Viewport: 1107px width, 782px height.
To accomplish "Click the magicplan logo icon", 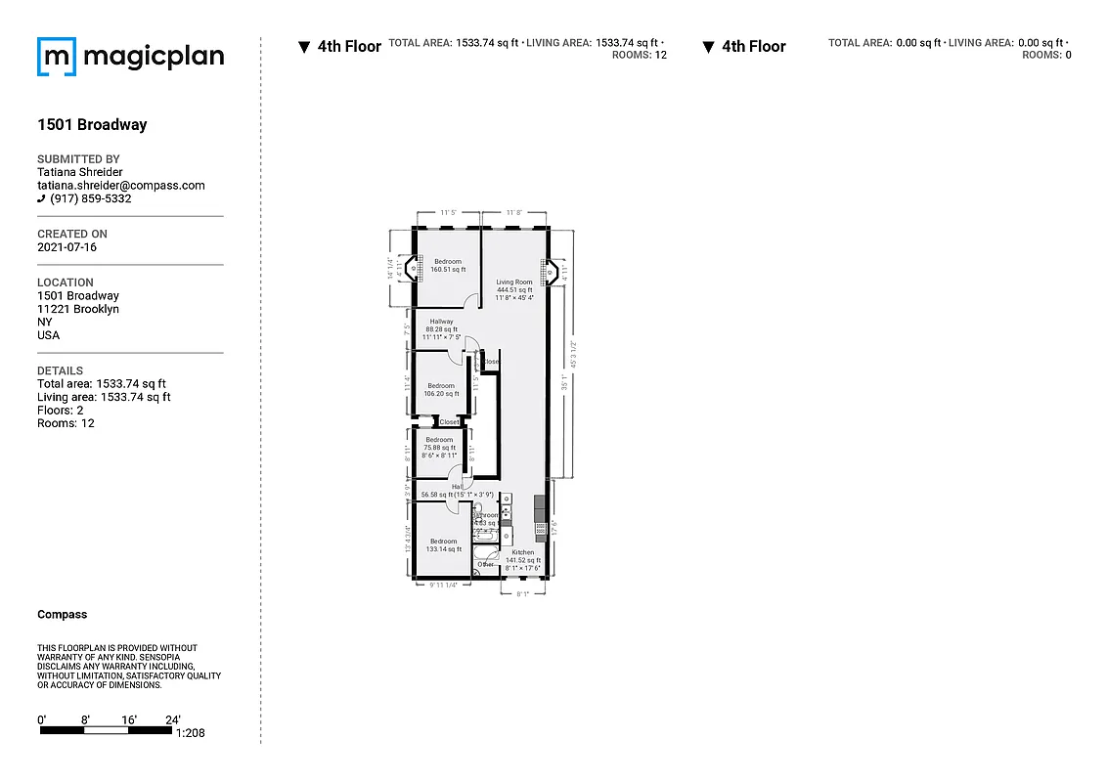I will tap(56, 57).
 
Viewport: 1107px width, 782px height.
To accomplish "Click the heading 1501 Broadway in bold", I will tap(92, 125).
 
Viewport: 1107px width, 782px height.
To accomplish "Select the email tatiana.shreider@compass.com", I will tap(120, 185).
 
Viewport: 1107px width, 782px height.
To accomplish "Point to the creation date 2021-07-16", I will tap(66, 247).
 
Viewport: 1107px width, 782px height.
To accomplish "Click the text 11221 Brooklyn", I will tap(78, 309).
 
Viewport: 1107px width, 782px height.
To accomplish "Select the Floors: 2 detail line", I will tap(60, 411).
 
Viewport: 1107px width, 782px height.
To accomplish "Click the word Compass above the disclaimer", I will tap(62, 615).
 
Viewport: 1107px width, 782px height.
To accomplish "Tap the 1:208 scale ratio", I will tap(190, 733).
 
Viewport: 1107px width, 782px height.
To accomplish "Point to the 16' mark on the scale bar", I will tap(129, 719).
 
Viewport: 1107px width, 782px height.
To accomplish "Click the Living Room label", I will tap(513, 282).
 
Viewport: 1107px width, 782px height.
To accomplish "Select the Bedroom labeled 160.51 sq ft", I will tap(448, 265).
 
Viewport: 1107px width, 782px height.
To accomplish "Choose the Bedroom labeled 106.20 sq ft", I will tap(440, 390).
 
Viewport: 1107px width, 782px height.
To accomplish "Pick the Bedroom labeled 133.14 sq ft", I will tap(443, 545).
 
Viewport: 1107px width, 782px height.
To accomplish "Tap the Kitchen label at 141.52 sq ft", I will tap(523, 556).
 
